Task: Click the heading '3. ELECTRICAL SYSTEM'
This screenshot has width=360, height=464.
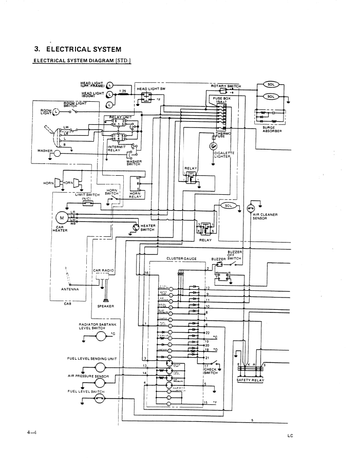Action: tap(77, 50)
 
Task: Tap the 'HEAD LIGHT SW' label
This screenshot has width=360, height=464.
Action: tap(149, 88)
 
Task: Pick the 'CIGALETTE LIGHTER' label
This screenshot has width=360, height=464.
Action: tap(224, 155)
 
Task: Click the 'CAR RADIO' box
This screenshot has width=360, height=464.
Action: tap(104, 270)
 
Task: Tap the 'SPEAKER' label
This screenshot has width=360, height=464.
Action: tap(105, 306)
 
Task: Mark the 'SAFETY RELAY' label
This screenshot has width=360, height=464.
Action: tap(250, 381)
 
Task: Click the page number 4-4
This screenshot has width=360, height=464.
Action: tap(31, 433)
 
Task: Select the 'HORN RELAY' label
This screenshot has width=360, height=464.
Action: tap(135, 196)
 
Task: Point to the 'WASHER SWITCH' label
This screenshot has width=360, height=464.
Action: tap(133, 163)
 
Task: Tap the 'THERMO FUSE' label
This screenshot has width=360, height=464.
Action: tap(224, 135)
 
